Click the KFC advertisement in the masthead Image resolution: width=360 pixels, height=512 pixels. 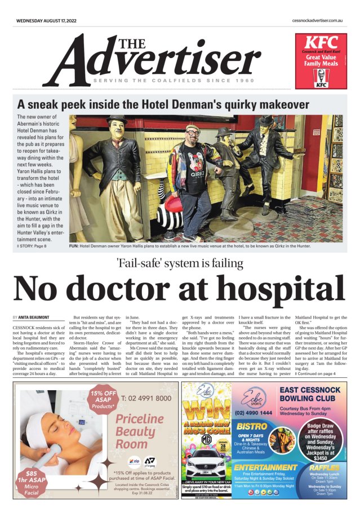point(321,61)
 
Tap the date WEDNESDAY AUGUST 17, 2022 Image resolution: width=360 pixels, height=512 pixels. point(46,20)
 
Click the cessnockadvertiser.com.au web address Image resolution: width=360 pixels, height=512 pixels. point(318,20)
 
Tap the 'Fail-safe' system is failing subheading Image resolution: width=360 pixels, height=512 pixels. point(180,263)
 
